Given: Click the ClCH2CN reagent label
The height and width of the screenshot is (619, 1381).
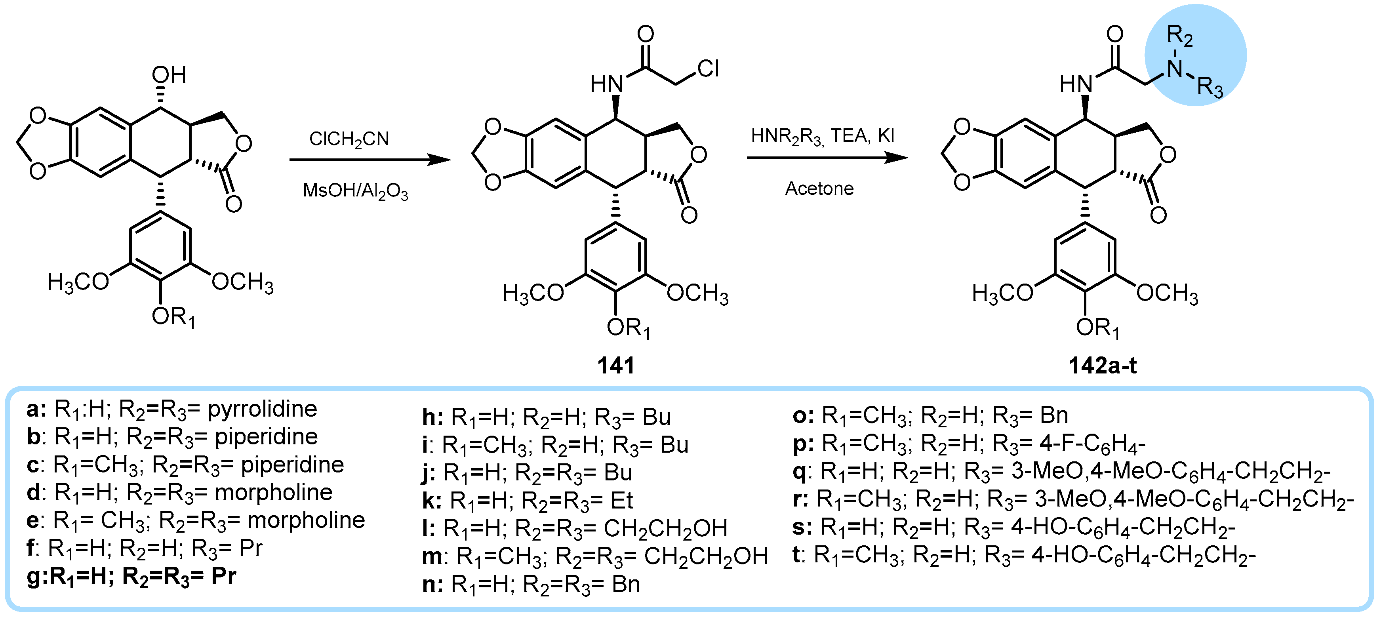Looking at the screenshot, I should [349, 139].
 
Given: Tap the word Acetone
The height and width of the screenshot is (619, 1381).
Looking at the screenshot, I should [819, 189].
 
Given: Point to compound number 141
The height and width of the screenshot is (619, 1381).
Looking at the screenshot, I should [615, 366].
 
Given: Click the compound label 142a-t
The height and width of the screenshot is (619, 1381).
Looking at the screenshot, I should [1102, 366].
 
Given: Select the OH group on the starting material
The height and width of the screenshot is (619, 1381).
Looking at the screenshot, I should [169, 75].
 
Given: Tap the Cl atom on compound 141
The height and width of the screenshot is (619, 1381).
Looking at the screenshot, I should [708, 69].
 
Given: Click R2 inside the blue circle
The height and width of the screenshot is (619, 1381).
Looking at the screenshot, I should [1179, 36].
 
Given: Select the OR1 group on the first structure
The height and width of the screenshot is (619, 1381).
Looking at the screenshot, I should [173, 317].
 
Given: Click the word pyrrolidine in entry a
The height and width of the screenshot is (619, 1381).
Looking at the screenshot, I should [262, 409].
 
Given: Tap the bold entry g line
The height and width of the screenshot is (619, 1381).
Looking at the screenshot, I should [131, 576].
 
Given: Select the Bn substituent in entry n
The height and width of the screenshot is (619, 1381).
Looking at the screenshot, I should [626, 584].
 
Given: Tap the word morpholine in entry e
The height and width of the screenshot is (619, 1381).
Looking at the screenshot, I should [306, 520].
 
